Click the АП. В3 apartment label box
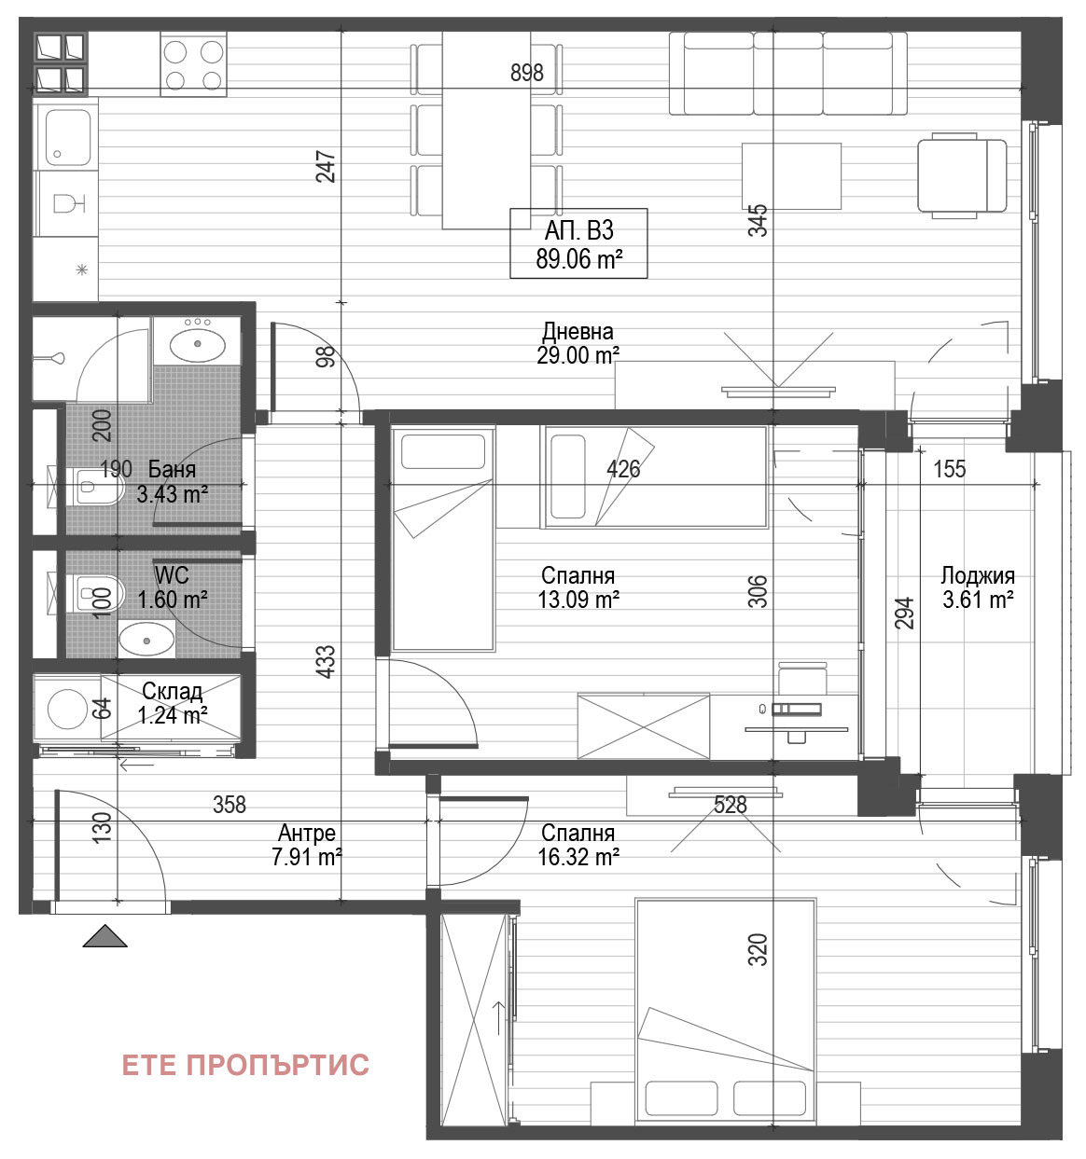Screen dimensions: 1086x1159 click(x=578, y=243)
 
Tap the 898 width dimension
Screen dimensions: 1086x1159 click(x=527, y=73)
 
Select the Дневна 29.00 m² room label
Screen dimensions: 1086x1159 click(x=578, y=343)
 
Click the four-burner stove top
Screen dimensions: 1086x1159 click(x=193, y=64)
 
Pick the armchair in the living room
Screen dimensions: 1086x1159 click(x=962, y=175)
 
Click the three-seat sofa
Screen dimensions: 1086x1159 click(x=788, y=73)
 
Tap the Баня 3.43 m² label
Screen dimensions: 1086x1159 click(x=172, y=481)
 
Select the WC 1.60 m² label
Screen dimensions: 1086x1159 click(x=172, y=587)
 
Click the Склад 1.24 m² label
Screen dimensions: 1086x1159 click(x=172, y=703)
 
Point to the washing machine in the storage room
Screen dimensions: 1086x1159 click(x=67, y=709)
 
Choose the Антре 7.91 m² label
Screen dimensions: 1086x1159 click(x=307, y=845)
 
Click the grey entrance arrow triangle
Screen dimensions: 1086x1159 click(x=105, y=936)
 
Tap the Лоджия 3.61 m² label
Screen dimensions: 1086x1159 click(x=978, y=587)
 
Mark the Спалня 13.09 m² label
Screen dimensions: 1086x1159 click(x=578, y=587)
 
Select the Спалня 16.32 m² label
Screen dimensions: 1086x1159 click(x=578, y=845)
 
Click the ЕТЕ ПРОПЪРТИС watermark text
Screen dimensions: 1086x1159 click(x=245, y=1065)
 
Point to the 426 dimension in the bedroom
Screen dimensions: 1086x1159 click(x=623, y=469)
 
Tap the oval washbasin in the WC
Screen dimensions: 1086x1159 click(x=146, y=640)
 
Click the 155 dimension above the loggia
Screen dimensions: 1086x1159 click(x=949, y=469)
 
